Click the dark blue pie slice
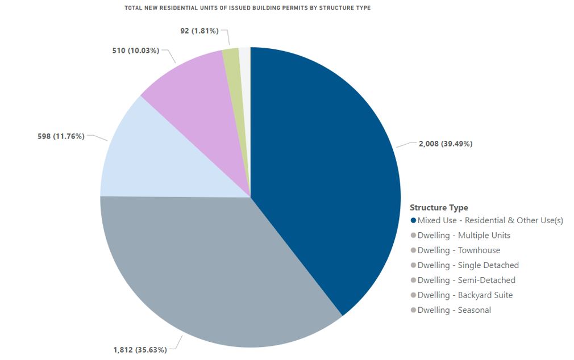(324, 170)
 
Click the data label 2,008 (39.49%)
(445, 144)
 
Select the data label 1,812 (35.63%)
(140, 349)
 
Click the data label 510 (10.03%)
(136, 51)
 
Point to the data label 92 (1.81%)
(199, 31)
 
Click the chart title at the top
(247, 9)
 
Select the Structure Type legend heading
(439, 208)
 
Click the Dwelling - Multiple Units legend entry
(464, 235)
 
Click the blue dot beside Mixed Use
(413, 220)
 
